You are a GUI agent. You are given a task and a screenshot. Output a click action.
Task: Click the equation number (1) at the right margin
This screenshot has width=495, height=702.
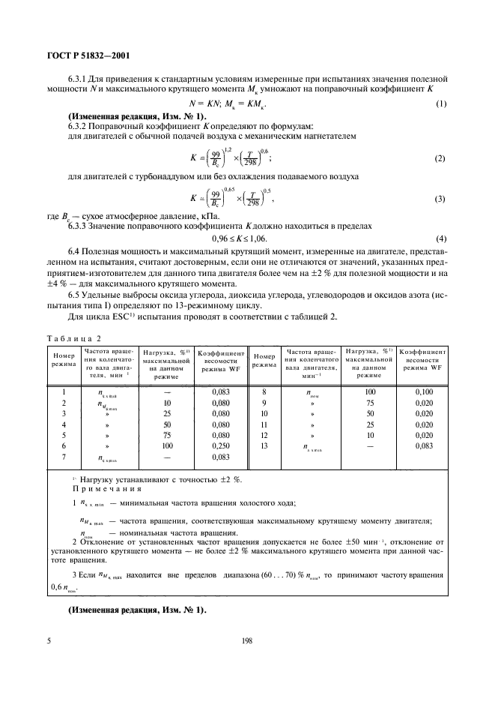tap(441, 103)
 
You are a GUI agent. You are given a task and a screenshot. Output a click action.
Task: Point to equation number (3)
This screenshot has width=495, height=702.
tap(441, 199)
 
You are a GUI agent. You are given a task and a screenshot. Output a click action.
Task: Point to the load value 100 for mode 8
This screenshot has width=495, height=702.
tap(369, 391)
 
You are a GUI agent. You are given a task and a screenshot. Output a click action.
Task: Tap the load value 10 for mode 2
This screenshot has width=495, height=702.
tap(168, 403)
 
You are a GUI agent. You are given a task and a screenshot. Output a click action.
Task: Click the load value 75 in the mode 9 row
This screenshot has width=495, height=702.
tap(369, 403)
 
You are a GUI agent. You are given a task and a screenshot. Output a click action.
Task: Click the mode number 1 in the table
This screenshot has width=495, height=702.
tap(64, 391)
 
